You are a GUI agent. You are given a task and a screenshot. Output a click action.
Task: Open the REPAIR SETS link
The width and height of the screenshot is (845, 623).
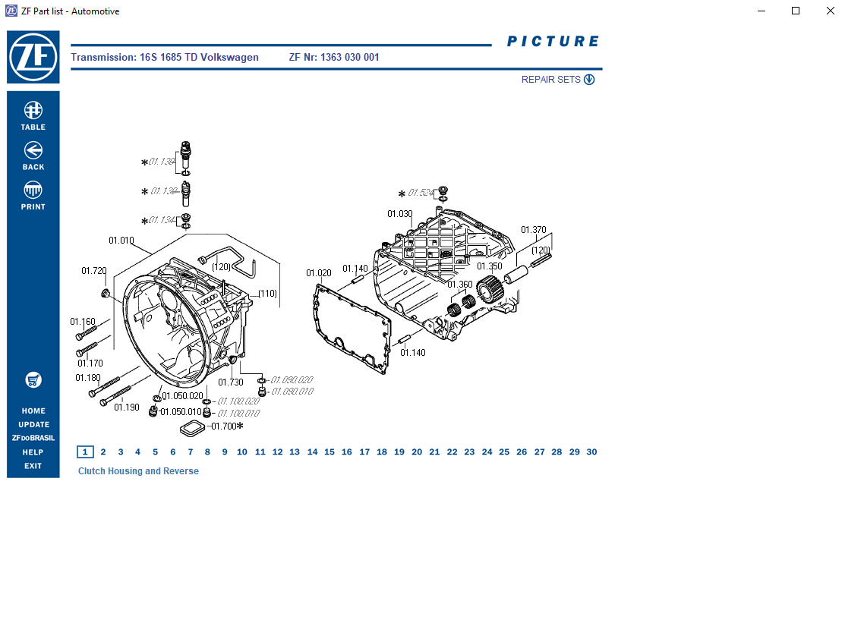(x=557, y=80)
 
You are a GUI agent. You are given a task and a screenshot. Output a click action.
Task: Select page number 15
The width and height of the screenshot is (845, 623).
(x=329, y=452)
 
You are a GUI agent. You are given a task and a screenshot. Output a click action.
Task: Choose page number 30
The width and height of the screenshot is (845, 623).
(x=591, y=452)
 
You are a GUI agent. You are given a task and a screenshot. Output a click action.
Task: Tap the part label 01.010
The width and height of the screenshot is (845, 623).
(x=121, y=241)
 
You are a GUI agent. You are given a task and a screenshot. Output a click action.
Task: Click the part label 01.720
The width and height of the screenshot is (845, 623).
(x=94, y=271)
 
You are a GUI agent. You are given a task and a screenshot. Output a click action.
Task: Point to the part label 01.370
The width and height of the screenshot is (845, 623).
(x=533, y=230)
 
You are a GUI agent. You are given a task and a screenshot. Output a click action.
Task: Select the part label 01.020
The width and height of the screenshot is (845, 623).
(x=319, y=273)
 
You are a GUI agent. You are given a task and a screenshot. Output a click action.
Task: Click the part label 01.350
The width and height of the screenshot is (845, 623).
(x=489, y=266)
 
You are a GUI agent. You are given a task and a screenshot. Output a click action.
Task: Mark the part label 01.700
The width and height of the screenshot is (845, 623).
(x=225, y=426)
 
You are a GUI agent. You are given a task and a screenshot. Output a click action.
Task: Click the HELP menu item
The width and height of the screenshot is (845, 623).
(x=33, y=452)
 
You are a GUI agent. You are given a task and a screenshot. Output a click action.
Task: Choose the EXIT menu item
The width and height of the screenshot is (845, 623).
(x=33, y=466)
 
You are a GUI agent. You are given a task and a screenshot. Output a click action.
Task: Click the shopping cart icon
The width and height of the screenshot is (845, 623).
(x=33, y=379)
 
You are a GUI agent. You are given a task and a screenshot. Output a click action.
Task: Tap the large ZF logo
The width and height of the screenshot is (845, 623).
(x=33, y=57)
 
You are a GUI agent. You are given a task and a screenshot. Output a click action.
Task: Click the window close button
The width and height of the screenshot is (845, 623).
(x=827, y=11)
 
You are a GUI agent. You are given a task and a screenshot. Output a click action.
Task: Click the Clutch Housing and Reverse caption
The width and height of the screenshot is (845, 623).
(x=138, y=471)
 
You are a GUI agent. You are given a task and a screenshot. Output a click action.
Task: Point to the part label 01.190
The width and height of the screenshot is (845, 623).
(x=127, y=407)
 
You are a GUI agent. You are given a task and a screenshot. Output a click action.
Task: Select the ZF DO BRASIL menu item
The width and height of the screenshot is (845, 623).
(x=33, y=439)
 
